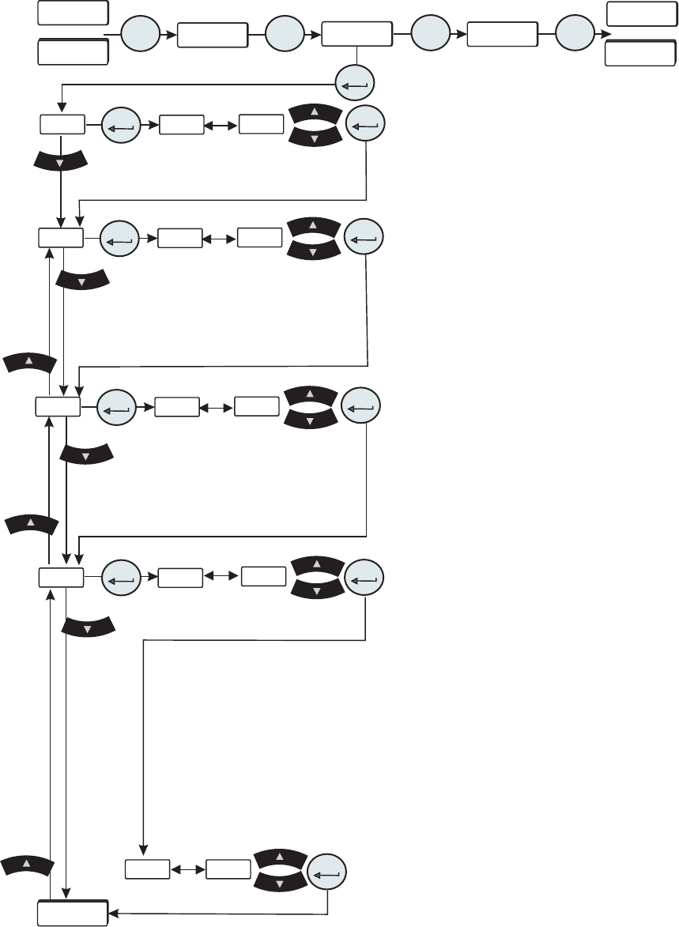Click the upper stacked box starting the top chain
pos(73,13)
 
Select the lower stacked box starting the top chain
pos(73,51)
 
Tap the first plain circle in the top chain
pos(139,36)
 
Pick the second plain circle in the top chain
pos(285,36)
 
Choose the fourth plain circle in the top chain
pos(575,36)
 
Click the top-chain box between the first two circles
pos(212,36)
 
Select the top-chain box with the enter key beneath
pos(357,36)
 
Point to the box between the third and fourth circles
pos(502,36)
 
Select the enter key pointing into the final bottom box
pos(326,873)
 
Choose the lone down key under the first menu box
pos(60,158)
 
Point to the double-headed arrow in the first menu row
pos(221,125)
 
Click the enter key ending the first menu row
pos(365,124)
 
